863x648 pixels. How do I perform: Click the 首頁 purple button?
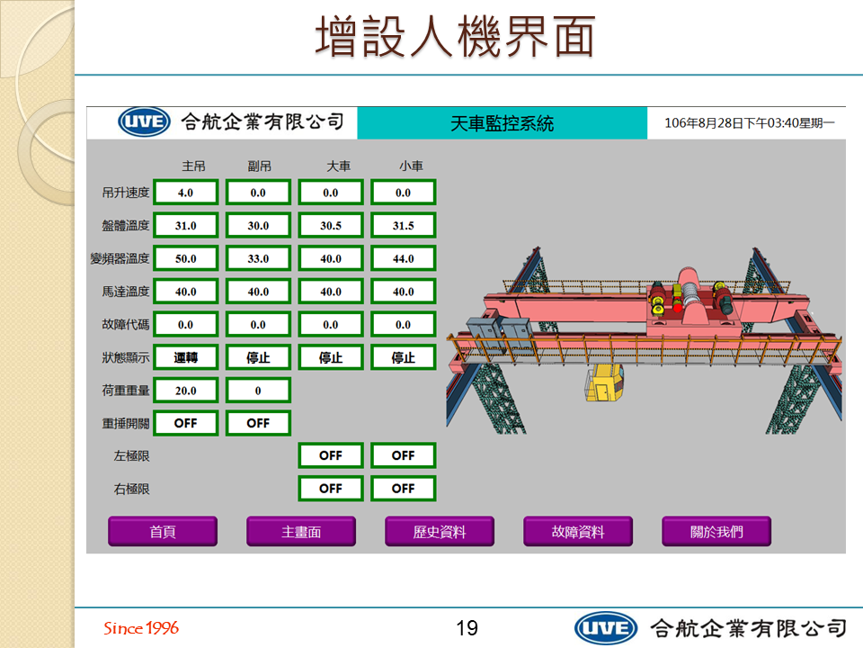click(x=163, y=531)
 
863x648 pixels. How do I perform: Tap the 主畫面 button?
click(x=301, y=531)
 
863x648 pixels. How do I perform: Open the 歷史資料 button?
click(x=440, y=531)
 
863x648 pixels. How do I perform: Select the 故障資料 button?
click(x=578, y=531)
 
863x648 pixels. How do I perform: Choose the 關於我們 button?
click(x=716, y=531)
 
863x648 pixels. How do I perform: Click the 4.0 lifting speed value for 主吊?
click(x=185, y=193)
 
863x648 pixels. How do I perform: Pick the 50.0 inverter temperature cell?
click(x=185, y=258)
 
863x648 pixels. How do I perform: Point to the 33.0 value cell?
click(x=258, y=258)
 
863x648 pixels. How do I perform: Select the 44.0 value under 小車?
click(x=403, y=258)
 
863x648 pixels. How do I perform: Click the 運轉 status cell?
click(x=185, y=357)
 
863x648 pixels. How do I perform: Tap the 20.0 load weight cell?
click(x=185, y=390)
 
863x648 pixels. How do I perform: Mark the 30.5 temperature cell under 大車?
click(x=330, y=225)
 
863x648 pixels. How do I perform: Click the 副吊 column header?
click(x=259, y=166)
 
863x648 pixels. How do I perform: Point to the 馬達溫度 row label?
click(x=126, y=292)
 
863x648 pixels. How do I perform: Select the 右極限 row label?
click(x=131, y=489)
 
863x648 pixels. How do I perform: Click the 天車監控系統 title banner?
click(x=502, y=123)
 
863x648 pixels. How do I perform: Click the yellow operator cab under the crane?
click(x=604, y=382)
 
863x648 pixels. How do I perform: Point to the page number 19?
click(x=467, y=627)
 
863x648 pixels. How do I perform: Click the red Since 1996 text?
click(x=141, y=627)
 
